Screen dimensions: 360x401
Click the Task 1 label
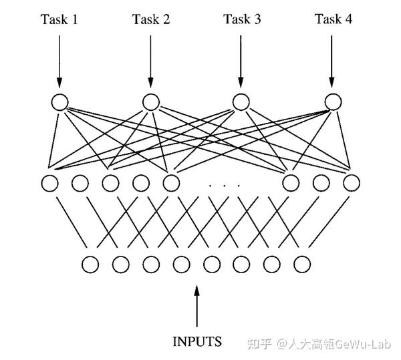[x=59, y=19]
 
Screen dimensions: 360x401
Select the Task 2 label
[x=150, y=19]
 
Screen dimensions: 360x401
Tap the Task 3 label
[x=241, y=19]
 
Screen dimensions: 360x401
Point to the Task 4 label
[x=333, y=19]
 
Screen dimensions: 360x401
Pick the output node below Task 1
[x=59, y=102]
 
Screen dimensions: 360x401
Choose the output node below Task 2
[x=150, y=102]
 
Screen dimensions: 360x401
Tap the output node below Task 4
[x=333, y=102]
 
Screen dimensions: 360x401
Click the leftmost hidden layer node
[x=49, y=182]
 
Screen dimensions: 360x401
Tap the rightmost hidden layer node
[x=352, y=182]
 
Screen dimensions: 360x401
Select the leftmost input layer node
[x=90, y=264]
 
